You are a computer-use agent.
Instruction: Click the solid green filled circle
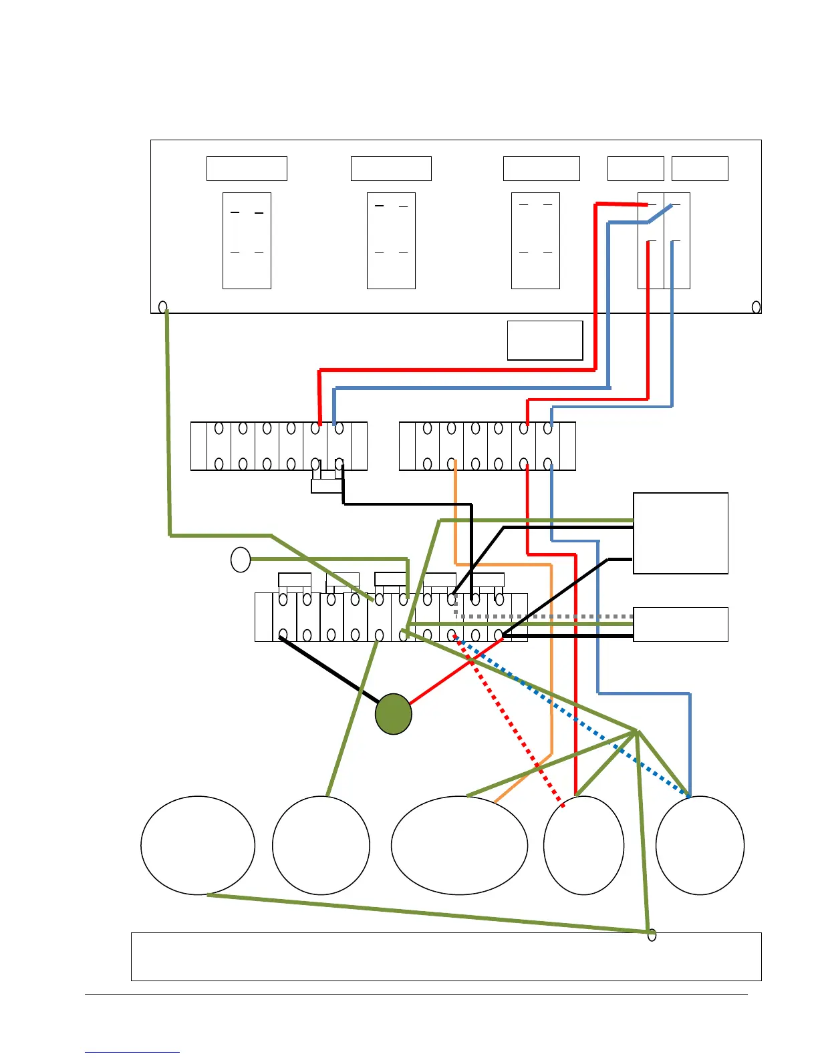click(393, 714)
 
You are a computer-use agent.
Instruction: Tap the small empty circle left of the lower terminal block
click(241, 559)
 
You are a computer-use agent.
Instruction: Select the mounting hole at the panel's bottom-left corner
click(162, 307)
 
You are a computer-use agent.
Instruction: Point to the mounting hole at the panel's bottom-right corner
click(756, 307)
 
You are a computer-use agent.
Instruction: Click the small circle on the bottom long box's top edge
click(652, 935)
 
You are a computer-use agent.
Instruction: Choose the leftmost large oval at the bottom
click(198, 845)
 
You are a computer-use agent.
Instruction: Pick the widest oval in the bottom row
click(459, 845)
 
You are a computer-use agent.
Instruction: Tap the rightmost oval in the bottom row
click(700, 845)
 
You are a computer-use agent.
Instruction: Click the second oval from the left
click(321, 845)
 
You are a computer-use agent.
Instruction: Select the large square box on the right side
click(680, 533)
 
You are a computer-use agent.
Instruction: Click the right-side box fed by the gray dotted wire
click(680, 625)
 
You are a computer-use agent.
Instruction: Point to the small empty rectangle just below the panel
click(545, 341)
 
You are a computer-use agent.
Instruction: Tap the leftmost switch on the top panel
click(247, 240)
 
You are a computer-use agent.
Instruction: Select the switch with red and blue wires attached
click(664, 240)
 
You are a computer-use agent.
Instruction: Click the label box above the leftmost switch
click(247, 168)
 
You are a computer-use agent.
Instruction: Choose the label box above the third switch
click(541, 168)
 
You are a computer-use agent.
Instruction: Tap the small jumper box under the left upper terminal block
click(327, 486)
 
